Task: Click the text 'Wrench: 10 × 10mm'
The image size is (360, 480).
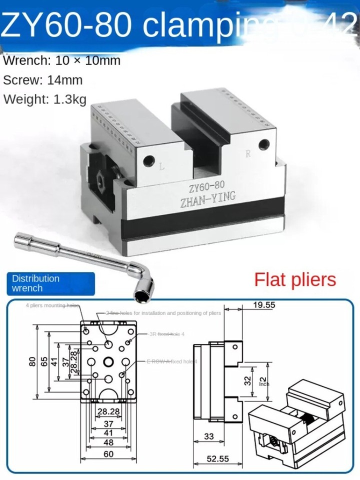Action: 62,61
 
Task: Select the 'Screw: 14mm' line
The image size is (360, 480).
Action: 43,80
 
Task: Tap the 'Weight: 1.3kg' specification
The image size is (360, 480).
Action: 45,98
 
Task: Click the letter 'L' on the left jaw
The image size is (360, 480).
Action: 161,167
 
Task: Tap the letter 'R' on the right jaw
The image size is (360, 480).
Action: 248,154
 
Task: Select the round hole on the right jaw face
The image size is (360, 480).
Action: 262,145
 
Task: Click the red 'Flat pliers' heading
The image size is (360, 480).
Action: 295,279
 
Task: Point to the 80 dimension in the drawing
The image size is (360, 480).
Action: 32,361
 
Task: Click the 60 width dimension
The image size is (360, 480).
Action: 108,454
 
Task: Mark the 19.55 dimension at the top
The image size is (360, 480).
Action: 263,304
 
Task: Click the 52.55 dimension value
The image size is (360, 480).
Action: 219,458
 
